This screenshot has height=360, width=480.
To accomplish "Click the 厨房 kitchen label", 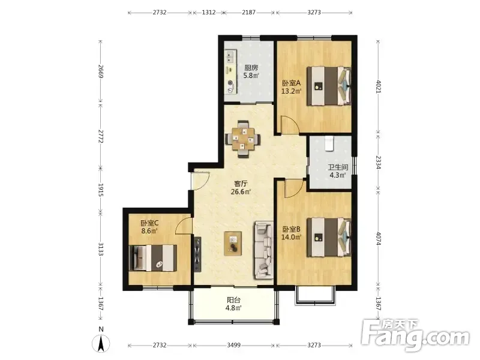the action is tap(251, 68).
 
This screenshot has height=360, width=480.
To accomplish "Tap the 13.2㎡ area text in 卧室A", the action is tap(291, 91).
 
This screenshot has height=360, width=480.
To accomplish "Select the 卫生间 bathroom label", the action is tap(338, 167).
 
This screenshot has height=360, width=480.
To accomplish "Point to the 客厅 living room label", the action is tap(241, 184).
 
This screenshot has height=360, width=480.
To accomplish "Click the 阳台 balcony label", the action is tap(233, 300).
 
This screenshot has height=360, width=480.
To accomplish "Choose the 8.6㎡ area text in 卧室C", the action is tap(149, 231).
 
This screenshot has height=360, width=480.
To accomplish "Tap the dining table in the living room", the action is tap(243, 139).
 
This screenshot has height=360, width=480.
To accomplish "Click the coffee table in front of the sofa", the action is tap(233, 244).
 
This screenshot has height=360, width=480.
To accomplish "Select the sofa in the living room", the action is tap(263, 251).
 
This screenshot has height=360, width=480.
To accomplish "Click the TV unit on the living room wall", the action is tap(197, 254).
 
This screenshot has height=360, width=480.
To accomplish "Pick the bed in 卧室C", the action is tap(153, 258).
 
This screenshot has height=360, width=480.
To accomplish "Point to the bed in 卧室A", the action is tap(329, 86).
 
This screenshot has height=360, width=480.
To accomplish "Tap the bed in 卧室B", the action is tap(329, 237).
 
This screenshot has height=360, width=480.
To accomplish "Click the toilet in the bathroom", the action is tap(329, 143).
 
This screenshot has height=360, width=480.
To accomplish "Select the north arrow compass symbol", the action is tap(101, 343).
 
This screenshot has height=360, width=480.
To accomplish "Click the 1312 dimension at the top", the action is tap(209, 13).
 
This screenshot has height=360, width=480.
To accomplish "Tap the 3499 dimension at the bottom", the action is tap(233, 346).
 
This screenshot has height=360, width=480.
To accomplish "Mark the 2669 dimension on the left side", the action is tap(100, 71).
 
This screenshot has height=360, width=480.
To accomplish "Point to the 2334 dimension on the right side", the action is tap(379, 163).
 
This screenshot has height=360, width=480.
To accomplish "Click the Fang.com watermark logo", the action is tap(415, 336).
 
